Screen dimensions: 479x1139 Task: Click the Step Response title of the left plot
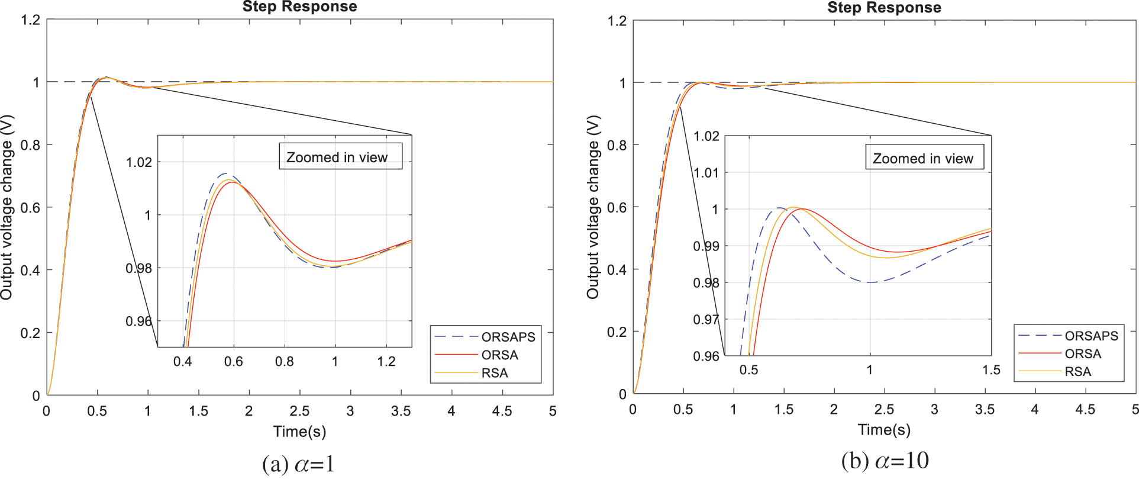[x=299, y=7]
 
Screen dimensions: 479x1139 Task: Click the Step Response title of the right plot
[x=884, y=7]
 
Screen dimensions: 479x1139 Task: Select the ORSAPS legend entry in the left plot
[x=508, y=337]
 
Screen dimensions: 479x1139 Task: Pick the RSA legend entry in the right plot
[x=1077, y=372]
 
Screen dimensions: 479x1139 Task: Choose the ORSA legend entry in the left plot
[x=499, y=355]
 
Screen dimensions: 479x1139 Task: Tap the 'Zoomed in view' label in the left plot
[x=337, y=157]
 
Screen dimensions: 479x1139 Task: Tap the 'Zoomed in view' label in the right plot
[x=922, y=159]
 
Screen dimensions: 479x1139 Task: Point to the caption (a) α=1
[x=298, y=463]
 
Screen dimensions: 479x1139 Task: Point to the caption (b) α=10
[x=885, y=461]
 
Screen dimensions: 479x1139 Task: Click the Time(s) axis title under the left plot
[x=299, y=431]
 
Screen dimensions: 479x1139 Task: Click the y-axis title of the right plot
[x=593, y=207]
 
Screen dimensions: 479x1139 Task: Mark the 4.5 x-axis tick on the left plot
[x=502, y=411]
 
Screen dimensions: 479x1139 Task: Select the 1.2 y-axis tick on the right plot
[x=617, y=21]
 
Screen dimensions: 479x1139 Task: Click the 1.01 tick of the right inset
[x=706, y=173]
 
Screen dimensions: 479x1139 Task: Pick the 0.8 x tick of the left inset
[x=284, y=361]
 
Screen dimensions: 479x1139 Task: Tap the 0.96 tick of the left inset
[x=138, y=322]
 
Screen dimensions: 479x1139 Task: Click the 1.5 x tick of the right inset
[x=991, y=370]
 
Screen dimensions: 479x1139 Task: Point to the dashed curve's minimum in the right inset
[x=870, y=282]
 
